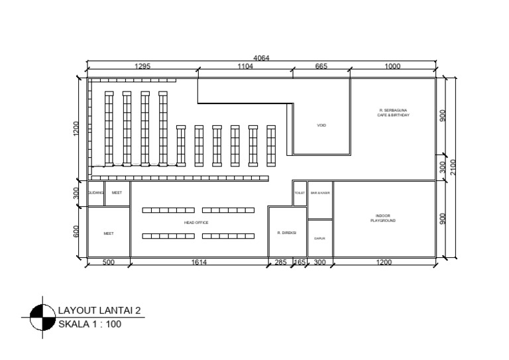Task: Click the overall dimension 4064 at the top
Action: click(x=262, y=58)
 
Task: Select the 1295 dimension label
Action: click(x=143, y=66)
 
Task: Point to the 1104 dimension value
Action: click(x=247, y=66)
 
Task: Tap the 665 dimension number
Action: click(x=321, y=66)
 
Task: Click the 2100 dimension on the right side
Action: click(x=453, y=167)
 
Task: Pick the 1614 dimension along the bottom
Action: click(x=199, y=263)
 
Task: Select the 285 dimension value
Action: click(x=280, y=263)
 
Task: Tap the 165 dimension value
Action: click(x=300, y=263)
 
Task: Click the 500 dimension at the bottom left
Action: click(x=109, y=263)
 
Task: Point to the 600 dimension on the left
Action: click(x=77, y=231)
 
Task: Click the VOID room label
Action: click(x=321, y=125)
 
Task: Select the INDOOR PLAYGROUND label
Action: click(x=383, y=218)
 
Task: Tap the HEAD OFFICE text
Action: click(x=196, y=223)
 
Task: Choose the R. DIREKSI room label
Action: click(x=286, y=233)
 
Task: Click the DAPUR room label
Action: click(x=319, y=239)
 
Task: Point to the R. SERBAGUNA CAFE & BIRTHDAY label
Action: click(x=394, y=113)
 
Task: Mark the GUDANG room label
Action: click(x=95, y=193)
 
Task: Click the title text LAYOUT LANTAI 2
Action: click(x=99, y=310)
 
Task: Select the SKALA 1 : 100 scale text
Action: click(x=90, y=324)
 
